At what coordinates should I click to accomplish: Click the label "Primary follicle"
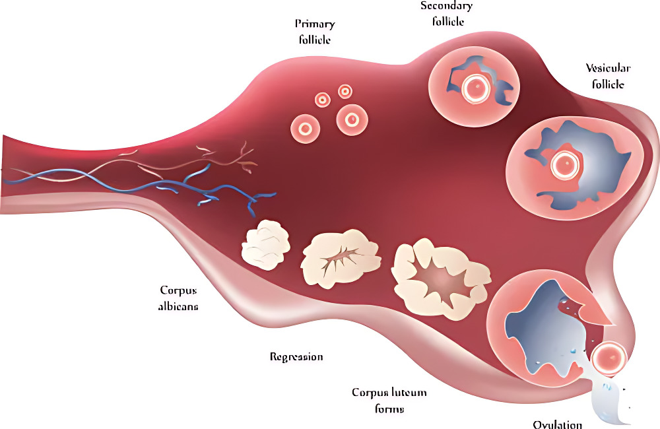pyautogui.click(x=314, y=32)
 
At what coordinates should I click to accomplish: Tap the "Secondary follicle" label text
pyautogui.click(x=447, y=13)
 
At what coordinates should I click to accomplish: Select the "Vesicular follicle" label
pyautogui.click(x=608, y=76)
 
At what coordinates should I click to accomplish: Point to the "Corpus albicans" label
pyautogui.click(x=178, y=298)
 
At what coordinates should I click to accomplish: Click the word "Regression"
pyautogui.click(x=296, y=357)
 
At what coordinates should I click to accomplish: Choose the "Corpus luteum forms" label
pyautogui.click(x=389, y=401)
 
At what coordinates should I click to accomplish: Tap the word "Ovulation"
pyautogui.click(x=558, y=424)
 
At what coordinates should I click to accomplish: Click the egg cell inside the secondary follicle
pyautogui.click(x=476, y=88)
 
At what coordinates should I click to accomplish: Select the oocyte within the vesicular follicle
pyautogui.click(x=565, y=164)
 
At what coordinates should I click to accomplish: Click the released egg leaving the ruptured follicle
pyautogui.click(x=609, y=358)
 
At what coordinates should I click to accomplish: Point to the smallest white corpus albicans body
pyautogui.click(x=265, y=245)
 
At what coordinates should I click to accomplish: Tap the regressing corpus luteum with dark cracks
pyautogui.click(x=341, y=259)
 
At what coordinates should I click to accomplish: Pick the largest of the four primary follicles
pyautogui.click(x=352, y=120)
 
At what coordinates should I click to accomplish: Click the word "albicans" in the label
pyautogui.click(x=178, y=306)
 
